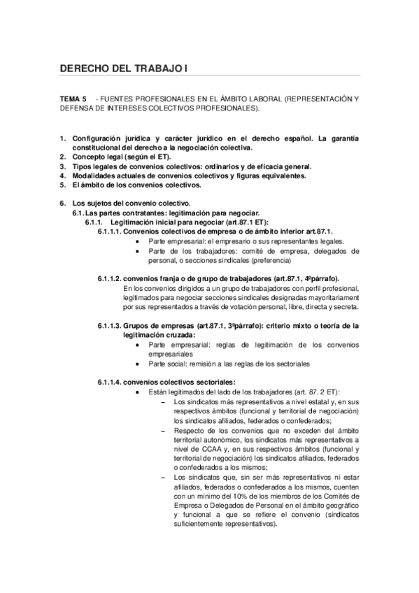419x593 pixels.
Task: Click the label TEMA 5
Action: (73, 100)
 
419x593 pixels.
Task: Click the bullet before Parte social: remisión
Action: (138, 364)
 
